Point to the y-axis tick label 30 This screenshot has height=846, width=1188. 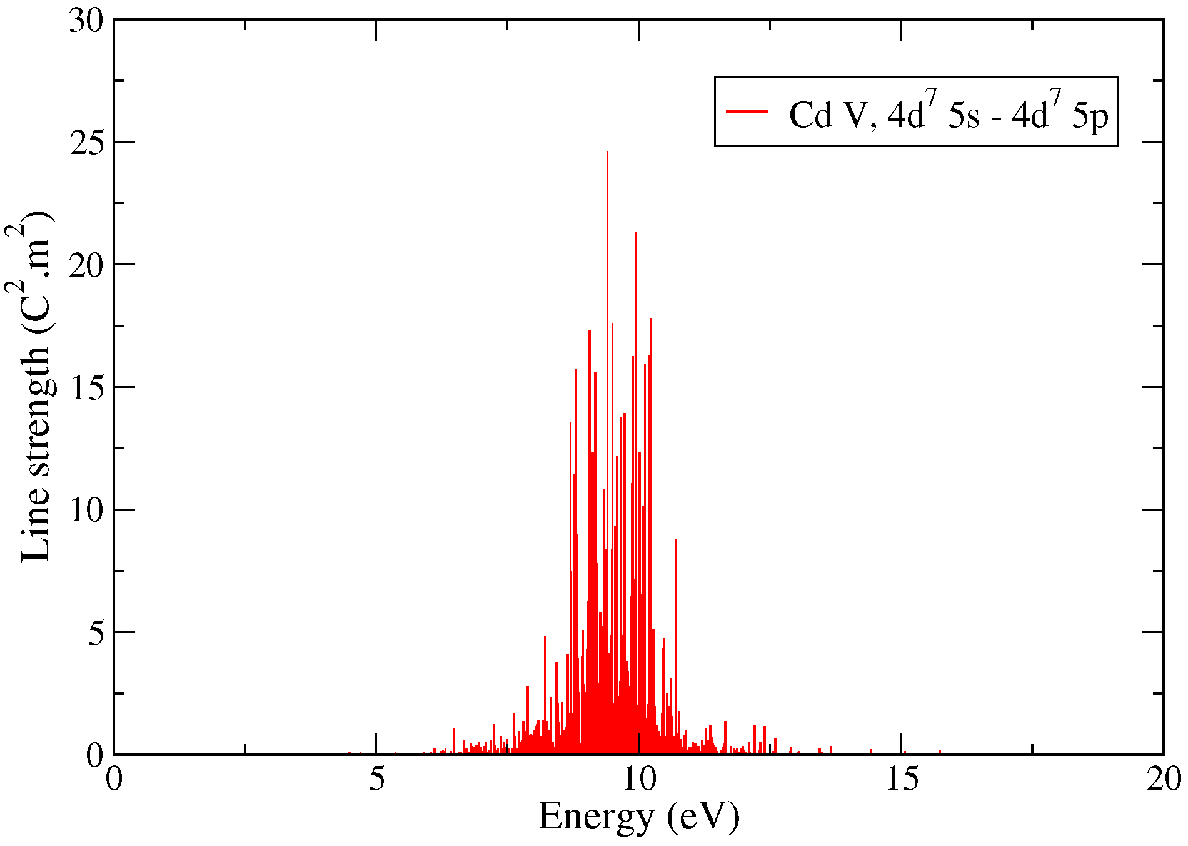point(86,21)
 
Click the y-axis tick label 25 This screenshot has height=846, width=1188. point(86,143)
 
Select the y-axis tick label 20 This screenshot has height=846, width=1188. point(86,266)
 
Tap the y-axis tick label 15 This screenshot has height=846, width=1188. point(86,388)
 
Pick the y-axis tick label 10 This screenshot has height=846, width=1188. point(86,511)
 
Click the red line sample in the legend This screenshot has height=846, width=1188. point(747,111)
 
